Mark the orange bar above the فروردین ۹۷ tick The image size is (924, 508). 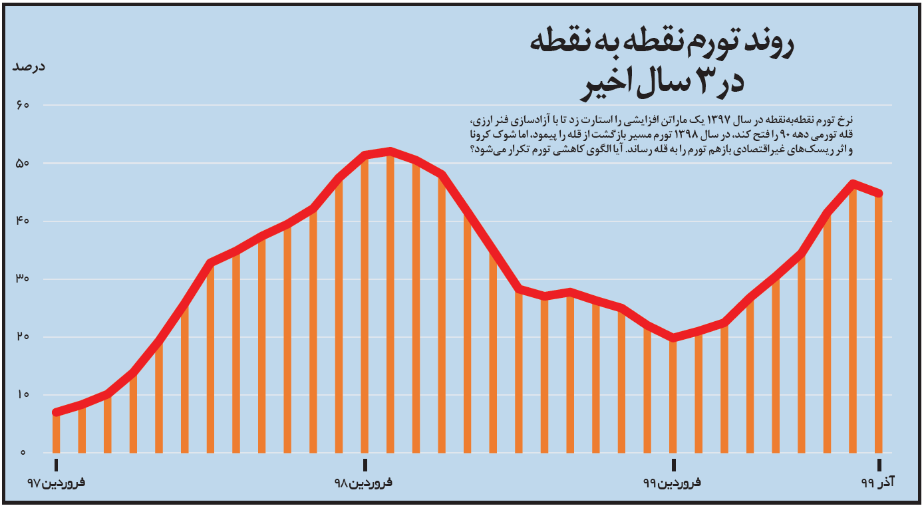pos(57,432)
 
